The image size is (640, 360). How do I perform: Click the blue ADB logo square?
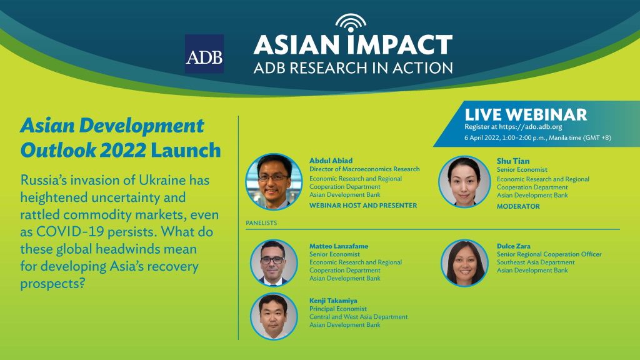click(204, 54)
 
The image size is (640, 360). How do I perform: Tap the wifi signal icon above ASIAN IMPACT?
click(351, 23)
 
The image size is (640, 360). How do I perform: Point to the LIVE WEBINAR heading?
click(526, 115)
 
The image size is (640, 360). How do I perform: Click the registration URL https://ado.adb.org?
click(530, 127)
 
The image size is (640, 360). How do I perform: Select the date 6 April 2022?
click(482, 138)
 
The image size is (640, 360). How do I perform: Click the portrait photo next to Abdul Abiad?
click(274, 182)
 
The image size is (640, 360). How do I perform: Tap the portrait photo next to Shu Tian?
click(464, 181)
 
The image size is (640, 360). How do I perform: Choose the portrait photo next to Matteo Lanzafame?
click(274, 263)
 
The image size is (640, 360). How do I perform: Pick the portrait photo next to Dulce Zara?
click(465, 263)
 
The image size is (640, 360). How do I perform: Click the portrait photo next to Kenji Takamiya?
click(274, 316)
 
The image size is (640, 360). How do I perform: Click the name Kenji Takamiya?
click(333, 301)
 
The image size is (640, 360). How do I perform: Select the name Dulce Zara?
click(514, 246)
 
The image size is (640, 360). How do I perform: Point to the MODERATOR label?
click(518, 206)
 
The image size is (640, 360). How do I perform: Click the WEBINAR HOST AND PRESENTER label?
click(363, 206)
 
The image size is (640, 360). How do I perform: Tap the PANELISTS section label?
click(261, 223)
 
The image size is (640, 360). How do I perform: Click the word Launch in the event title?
click(186, 150)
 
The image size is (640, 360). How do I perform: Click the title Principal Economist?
click(338, 309)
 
